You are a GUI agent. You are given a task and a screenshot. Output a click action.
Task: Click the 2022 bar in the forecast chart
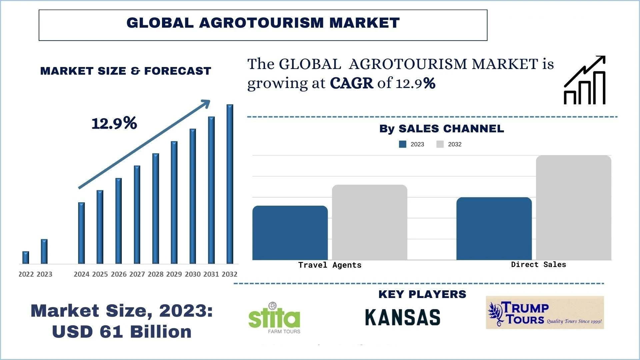pyautogui.click(x=26, y=258)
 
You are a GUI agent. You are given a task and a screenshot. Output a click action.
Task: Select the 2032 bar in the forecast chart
pyautogui.click(x=230, y=184)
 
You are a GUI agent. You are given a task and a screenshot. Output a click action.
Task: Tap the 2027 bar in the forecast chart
pyautogui.click(x=137, y=215)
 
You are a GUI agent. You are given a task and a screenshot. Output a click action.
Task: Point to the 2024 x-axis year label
pyautogui.click(x=82, y=274)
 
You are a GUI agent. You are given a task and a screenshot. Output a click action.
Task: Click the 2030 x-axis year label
pyautogui.click(x=193, y=274)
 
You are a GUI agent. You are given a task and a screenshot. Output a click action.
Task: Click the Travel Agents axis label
pyautogui.click(x=330, y=265)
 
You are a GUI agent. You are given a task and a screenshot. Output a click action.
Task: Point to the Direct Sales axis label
pyautogui.click(x=538, y=265)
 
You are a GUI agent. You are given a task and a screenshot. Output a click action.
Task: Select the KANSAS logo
pyautogui.click(x=403, y=317)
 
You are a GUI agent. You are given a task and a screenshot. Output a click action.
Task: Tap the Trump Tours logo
pyautogui.click(x=545, y=313)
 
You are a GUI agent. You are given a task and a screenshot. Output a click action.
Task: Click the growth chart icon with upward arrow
pyautogui.click(x=584, y=80)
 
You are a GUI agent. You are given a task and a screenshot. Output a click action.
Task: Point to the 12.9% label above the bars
pyautogui.click(x=114, y=123)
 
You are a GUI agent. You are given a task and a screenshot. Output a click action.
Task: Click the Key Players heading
pyautogui.click(x=422, y=294)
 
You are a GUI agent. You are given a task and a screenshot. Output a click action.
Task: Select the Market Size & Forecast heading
pyautogui.click(x=126, y=71)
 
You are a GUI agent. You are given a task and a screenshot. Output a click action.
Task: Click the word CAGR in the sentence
pyautogui.click(x=351, y=83)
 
